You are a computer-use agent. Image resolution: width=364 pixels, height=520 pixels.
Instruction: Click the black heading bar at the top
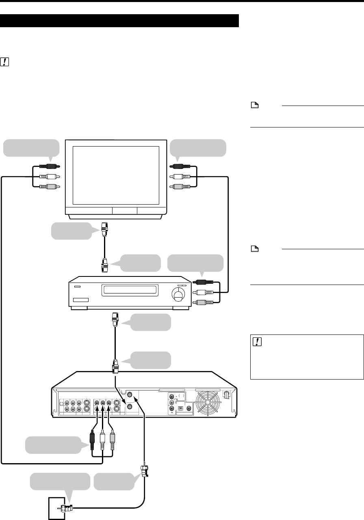(119, 21)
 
